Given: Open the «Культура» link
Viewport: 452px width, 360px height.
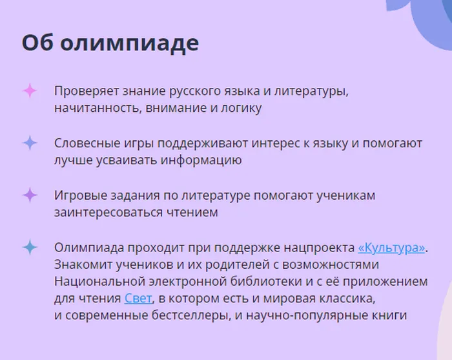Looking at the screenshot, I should tap(393, 248).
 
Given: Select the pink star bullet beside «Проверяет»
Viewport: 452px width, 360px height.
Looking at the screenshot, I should tap(30, 91).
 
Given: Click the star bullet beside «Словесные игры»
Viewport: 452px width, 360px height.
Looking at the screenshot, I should tap(30, 143).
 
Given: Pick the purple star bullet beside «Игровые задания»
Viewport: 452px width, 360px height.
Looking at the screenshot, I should tap(30, 195).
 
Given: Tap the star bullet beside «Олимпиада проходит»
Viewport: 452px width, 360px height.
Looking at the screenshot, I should tap(30, 247).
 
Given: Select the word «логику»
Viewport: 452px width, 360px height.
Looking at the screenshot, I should tap(242, 108).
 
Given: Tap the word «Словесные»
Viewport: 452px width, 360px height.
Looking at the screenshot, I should tap(85, 143).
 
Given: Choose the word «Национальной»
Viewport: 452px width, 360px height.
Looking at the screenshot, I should tap(96, 281).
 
